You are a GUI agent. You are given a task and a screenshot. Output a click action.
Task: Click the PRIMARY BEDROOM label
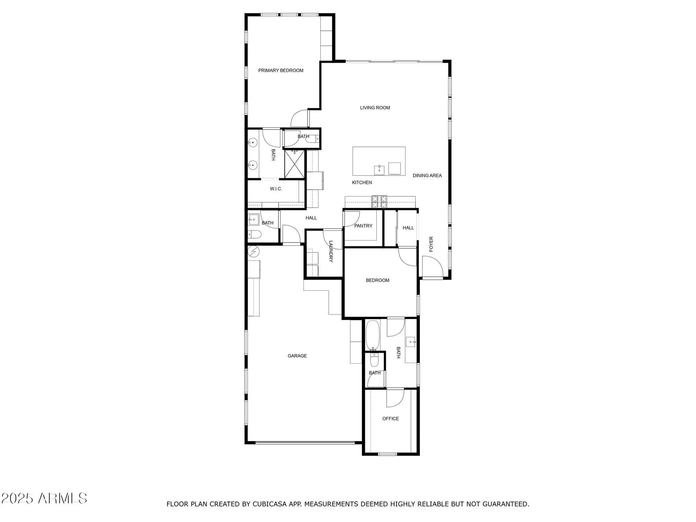pyautogui.click(x=280, y=71)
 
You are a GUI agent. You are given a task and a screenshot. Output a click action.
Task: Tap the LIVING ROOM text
pyautogui.click(x=375, y=108)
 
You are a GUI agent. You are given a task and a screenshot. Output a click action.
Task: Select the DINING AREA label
pyautogui.click(x=427, y=176)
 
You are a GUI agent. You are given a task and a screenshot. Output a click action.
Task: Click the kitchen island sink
pyautogui.click(x=379, y=170)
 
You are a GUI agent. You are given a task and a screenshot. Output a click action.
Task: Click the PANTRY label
pyautogui.click(x=363, y=226)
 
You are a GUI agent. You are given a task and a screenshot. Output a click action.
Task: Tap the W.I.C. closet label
pyautogui.click(x=276, y=189)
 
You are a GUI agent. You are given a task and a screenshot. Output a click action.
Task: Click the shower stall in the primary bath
pyautogui.click(x=294, y=164)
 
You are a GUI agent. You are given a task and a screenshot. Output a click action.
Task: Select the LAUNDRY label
pyautogui.click(x=331, y=251)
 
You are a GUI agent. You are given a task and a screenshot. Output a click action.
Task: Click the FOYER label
pyautogui.click(x=431, y=244)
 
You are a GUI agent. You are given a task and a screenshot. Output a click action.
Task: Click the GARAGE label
pyautogui.click(x=297, y=356)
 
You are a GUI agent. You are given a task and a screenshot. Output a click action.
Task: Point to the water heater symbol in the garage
pyautogui.click(x=253, y=251)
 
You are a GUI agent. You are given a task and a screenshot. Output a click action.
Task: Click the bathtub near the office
pyautogui.click(x=372, y=335)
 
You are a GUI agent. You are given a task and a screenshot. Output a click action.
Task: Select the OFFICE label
pyautogui.click(x=390, y=419)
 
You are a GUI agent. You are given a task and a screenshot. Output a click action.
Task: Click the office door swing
pyautogui.click(x=395, y=398)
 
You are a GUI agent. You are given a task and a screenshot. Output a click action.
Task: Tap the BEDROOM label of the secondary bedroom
pyautogui.click(x=377, y=280)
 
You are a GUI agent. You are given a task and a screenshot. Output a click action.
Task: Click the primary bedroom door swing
pyautogui.click(x=300, y=119)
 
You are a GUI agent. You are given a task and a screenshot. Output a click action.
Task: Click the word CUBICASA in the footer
pyautogui.click(x=270, y=504)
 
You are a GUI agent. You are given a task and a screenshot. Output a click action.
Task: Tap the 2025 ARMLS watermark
pyautogui.click(x=44, y=498)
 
